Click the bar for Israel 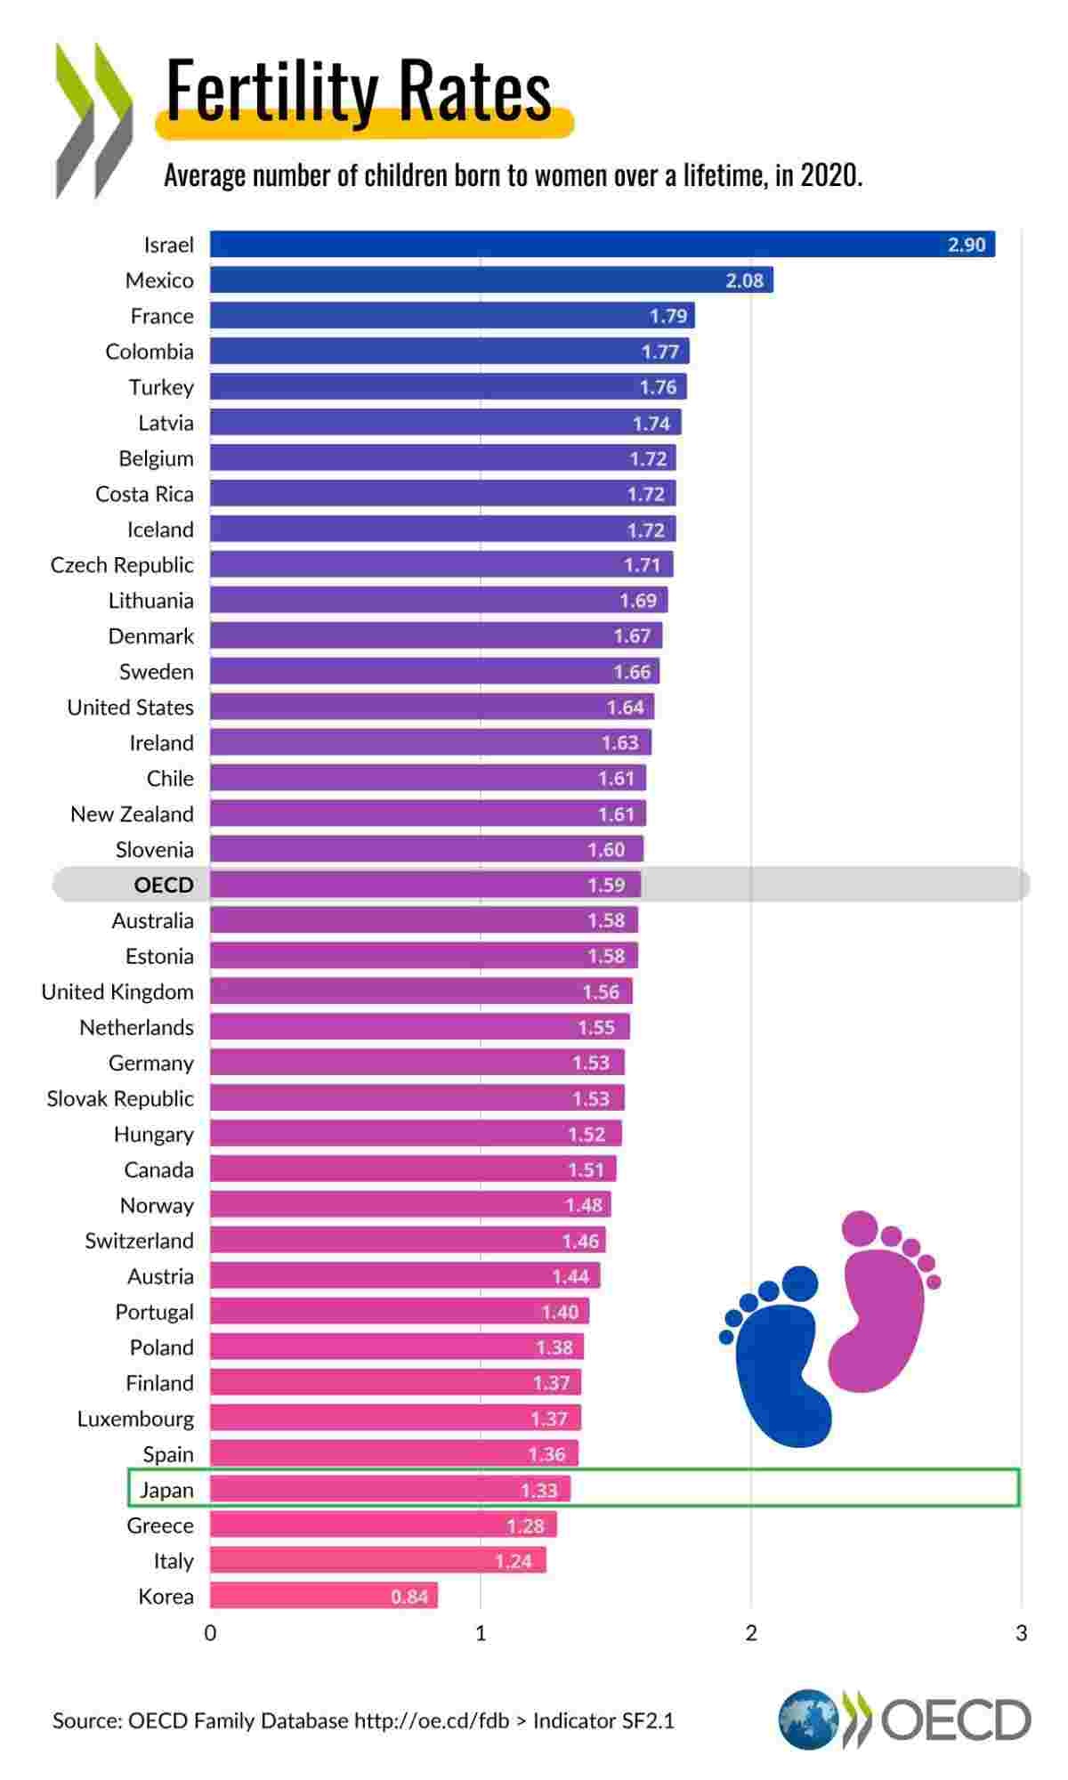click(602, 244)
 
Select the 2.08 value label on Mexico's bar click(744, 280)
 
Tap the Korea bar click(323, 1596)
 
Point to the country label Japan click(166, 1490)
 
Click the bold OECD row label click(164, 885)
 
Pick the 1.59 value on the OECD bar click(605, 885)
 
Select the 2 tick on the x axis click(751, 1633)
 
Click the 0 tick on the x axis click(211, 1633)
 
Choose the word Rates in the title click(473, 91)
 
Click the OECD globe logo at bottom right click(808, 1719)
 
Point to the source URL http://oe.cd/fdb click(432, 1720)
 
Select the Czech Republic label click(122, 565)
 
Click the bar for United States click(432, 707)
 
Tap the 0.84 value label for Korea click(409, 1597)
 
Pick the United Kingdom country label click(117, 991)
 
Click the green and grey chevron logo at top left click(93, 120)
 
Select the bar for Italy click(377, 1560)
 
